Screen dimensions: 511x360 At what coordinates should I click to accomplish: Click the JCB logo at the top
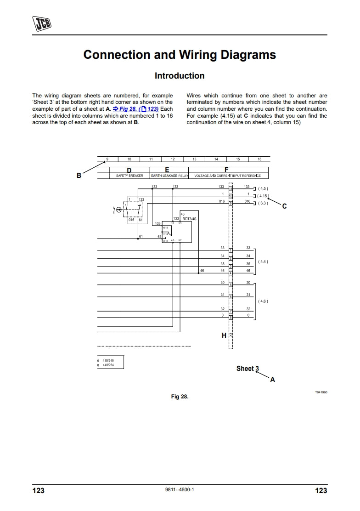(x=42, y=22)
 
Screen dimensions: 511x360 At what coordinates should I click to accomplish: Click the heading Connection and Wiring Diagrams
(x=180, y=55)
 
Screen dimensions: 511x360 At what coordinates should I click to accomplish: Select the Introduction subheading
(x=180, y=76)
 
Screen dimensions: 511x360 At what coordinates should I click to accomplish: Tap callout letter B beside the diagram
(x=79, y=175)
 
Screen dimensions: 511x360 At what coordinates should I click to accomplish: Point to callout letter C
(x=284, y=206)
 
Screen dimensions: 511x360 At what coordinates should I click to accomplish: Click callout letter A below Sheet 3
(x=272, y=379)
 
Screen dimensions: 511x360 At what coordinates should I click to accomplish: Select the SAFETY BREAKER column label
(x=129, y=176)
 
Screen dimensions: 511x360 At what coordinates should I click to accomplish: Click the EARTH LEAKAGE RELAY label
(x=169, y=176)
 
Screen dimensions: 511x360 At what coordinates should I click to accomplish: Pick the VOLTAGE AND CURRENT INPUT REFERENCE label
(x=228, y=176)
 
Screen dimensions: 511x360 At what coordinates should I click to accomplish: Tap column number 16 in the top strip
(x=259, y=159)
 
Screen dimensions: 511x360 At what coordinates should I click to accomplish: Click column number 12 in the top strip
(x=173, y=159)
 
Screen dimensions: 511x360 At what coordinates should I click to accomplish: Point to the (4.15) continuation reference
(x=263, y=196)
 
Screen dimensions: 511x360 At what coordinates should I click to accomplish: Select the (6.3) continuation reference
(x=263, y=203)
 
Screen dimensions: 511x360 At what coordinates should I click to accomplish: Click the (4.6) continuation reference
(x=263, y=301)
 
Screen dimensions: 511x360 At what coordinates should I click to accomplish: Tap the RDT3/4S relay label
(x=189, y=219)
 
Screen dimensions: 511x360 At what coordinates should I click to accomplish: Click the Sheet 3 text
(x=247, y=369)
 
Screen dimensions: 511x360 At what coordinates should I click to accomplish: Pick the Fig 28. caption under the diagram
(x=180, y=396)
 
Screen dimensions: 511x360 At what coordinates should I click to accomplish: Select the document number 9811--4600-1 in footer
(x=180, y=490)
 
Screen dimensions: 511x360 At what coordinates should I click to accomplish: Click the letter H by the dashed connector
(x=224, y=335)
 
